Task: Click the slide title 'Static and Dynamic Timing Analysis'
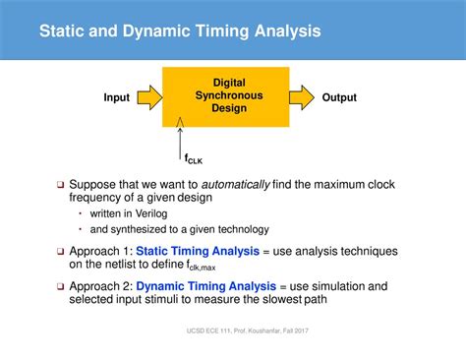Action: click(x=179, y=31)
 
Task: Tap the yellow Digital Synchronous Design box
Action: click(x=235, y=95)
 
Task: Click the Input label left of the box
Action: click(x=117, y=97)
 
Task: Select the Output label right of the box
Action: click(x=339, y=97)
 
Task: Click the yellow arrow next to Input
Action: click(x=148, y=96)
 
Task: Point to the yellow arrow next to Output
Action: click(x=304, y=96)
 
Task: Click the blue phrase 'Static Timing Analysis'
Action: click(x=198, y=251)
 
